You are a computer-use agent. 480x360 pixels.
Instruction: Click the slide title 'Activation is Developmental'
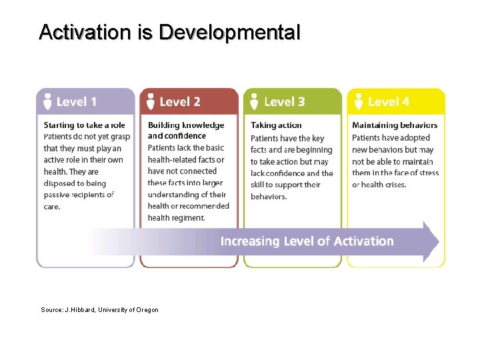coord(169,32)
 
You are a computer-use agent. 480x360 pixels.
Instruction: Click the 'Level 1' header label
coord(77,102)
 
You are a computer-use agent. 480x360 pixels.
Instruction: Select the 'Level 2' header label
coord(180,102)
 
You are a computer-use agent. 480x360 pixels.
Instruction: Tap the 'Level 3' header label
coord(284,102)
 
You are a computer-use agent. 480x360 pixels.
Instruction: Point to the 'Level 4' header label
coord(388,102)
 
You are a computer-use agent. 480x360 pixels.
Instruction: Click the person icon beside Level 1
coord(47,101)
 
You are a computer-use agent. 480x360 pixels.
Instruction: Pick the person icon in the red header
coord(151,101)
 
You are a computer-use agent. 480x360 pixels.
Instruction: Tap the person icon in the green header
coord(254,101)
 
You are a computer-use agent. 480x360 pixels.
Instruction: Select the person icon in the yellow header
coord(358,101)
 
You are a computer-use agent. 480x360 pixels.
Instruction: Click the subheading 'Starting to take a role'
coord(84,125)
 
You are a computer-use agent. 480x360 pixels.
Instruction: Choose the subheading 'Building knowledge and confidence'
coord(186,130)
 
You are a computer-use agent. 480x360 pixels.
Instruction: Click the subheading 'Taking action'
coord(276,125)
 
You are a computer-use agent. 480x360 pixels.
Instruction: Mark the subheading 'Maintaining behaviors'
coord(395,125)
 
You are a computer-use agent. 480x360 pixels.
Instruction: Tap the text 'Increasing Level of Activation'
coord(307,241)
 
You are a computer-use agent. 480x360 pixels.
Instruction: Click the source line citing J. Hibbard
coord(99,310)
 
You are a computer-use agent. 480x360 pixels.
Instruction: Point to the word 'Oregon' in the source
coord(147,310)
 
